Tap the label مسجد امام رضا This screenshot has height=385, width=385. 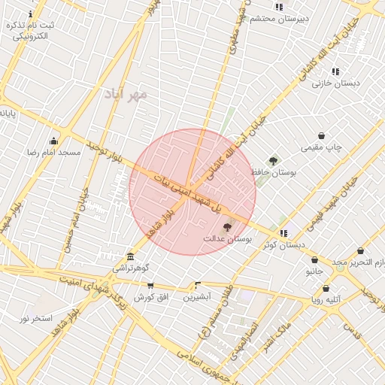coord(54,152)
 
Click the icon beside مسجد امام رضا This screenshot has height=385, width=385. coord(53,141)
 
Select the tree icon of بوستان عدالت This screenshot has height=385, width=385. coord(227,226)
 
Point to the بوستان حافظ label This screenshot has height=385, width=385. coord(276,172)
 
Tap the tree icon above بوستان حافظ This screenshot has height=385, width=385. coord(273,160)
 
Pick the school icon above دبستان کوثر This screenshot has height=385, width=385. coord(283,233)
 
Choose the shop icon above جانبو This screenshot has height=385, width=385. coord(314,260)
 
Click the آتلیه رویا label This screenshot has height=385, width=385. coord(326,299)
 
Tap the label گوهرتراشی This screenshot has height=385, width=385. coord(131,268)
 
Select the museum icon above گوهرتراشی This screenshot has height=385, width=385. coord(131,256)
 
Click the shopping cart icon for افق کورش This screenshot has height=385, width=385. coord(150,286)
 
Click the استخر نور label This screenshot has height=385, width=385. coord(36,318)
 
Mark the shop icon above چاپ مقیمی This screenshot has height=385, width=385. coord(322,136)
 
